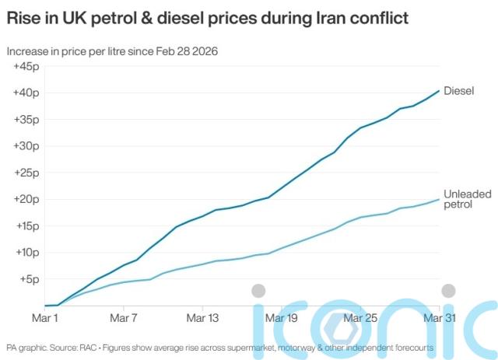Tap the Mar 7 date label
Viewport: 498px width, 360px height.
coord(124,318)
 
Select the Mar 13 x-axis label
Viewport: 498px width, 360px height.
coord(203,318)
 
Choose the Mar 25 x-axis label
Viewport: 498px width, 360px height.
coord(361,318)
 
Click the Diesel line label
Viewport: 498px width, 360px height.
coord(458,90)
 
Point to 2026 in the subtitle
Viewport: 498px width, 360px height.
coord(203,51)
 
